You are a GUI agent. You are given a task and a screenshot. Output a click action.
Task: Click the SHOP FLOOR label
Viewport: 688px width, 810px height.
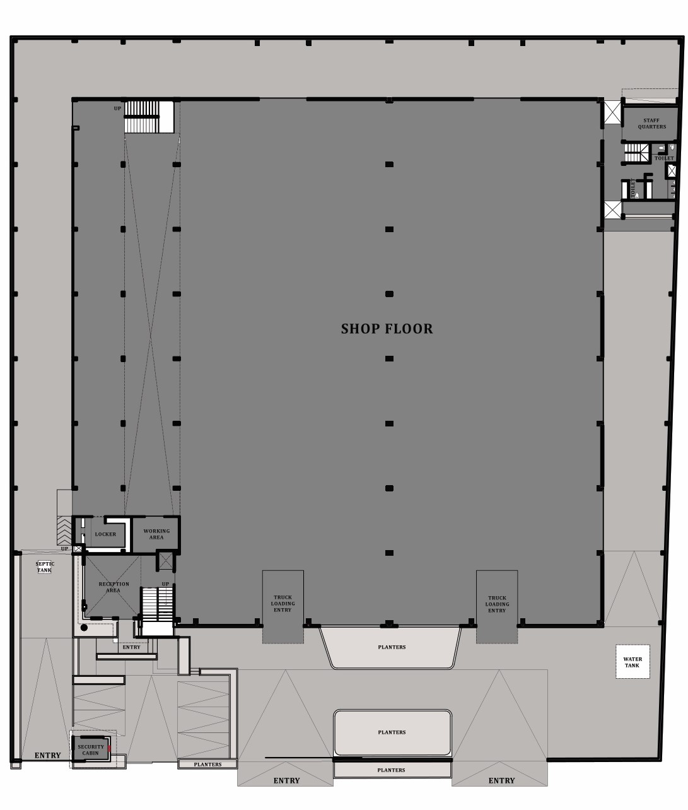pyautogui.click(x=387, y=329)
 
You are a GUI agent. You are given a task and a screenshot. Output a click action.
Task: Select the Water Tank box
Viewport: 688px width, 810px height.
pyautogui.click(x=633, y=662)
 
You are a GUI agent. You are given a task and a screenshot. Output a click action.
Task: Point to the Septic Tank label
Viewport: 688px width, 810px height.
pyautogui.click(x=45, y=566)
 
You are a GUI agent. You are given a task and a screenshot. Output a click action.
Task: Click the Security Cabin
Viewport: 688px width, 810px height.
pyautogui.click(x=91, y=749)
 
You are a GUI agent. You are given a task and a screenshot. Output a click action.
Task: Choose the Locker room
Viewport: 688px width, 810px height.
pyautogui.click(x=105, y=534)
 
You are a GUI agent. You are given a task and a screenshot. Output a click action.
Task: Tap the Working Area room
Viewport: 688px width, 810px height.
pyautogui.click(x=156, y=534)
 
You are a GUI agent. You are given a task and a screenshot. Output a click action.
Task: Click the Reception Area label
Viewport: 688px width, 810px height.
pyautogui.click(x=114, y=587)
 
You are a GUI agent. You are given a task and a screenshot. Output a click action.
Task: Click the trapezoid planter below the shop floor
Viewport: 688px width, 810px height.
pyautogui.click(x=391, y=647)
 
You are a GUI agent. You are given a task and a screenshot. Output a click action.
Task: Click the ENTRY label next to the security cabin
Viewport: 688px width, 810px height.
pyautogui.click(x=48, y=755)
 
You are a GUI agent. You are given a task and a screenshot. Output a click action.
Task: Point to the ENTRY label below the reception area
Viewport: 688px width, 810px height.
pyautogui.click(x=131, y=647)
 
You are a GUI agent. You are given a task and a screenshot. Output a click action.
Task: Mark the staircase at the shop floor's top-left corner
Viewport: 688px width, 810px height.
pyautogui.click(x=149, y=117)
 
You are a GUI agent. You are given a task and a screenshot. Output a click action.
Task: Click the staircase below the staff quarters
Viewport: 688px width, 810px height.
pyautogui.click(x=637, y=153)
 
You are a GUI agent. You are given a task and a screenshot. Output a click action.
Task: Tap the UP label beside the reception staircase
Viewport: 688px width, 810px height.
pyautogui.click(x=165, y=584)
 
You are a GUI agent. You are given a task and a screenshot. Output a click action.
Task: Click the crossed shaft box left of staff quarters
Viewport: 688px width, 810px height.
pyautogui.click(x=612, y=112)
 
